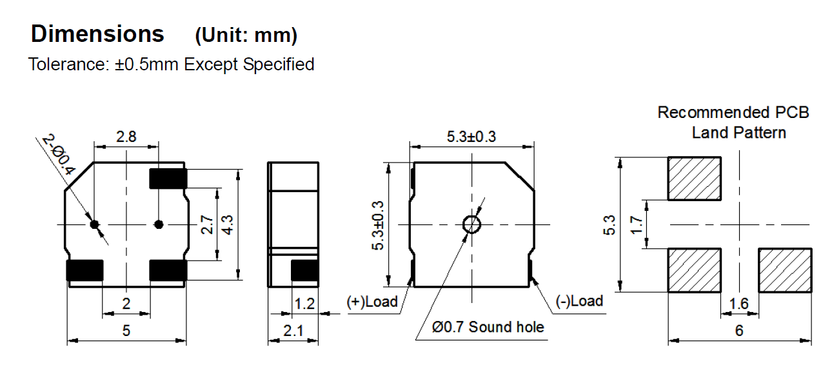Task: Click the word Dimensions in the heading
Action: (x=97, y=34)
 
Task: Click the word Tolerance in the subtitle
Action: (x=68, y=64)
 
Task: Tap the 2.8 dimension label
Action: (x=126, y=137)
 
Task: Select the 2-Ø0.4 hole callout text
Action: (x=59, y=154)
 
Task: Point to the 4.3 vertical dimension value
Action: (x=227, y=225)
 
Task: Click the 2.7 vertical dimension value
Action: (x=207, y=225)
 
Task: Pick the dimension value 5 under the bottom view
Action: (x=126, y=330)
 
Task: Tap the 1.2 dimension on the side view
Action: (x=304, y=304)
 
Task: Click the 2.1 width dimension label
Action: (x=293, y=330)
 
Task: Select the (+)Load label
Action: (x=372, y=301)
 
